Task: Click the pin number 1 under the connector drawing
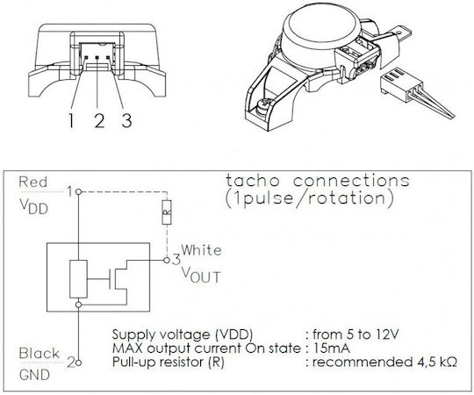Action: tap(71, 120)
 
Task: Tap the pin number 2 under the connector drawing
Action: tap(99, 120)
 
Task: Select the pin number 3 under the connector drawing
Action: tap(126, 120)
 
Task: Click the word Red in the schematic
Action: tap(33, 182)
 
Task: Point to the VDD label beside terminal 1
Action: tap(34, 207)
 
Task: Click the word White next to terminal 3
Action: tap(201, 250)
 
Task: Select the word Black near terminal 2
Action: tap(39, 353)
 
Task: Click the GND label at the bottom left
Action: tap(34, 375)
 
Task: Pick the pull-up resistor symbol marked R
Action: tap(167, 212)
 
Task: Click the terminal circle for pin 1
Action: tap(78, 191)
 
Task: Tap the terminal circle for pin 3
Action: tap(167, 260)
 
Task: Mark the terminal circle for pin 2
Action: tap(78, 363)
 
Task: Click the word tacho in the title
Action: tap(253, 181)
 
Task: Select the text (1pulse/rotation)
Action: tap(310, 198)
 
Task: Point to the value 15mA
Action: tap(332, 348)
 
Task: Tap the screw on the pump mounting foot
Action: tap(262, 106)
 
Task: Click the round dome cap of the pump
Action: tap(322, 25)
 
